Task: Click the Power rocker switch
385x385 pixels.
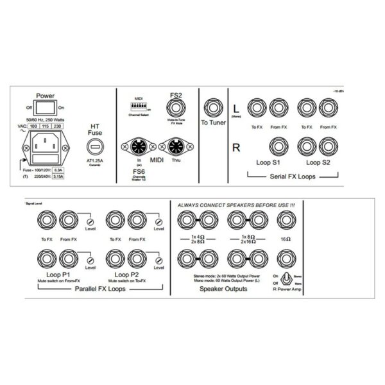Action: coord(46,108)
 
